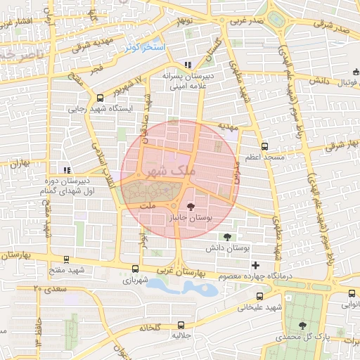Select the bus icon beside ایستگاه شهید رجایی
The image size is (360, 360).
pyautogui.click(x=101, y=98)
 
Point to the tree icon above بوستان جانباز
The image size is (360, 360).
pyautogui.click(x=190, y=207)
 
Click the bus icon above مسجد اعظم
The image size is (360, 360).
pyautogui.click(x=264, y=147)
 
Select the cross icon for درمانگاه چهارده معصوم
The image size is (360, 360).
pyautogui.click(x=255, y=265)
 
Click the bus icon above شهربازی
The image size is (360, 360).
pyautogui.click(x=135, y=269)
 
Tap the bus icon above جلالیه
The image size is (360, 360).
pyautogui.click(x=181, y=325)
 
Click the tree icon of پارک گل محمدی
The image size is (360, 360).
pyautogui.click(x=302, y=325)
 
